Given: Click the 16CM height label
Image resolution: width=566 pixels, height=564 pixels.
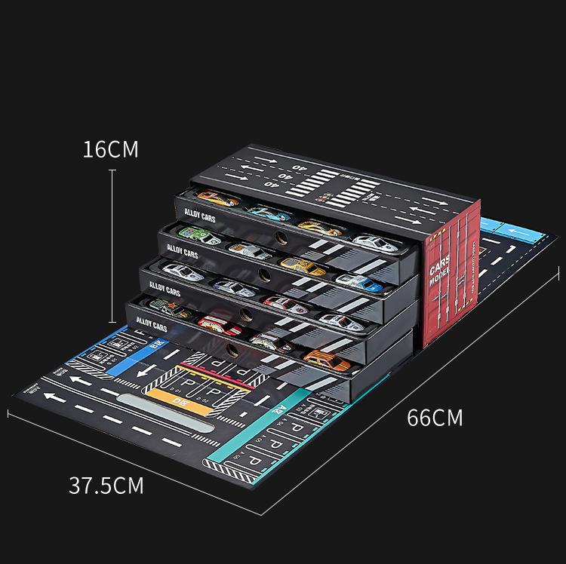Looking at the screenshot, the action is click(111, 149).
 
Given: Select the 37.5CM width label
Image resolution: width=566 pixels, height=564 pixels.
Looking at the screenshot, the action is click(106, 484).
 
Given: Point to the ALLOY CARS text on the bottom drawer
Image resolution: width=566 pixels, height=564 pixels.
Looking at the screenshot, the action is click(152, 323).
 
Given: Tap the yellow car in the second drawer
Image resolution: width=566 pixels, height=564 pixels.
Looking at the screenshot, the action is click(300, 266).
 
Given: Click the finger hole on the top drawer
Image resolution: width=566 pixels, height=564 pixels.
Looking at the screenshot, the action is click(282, 238).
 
